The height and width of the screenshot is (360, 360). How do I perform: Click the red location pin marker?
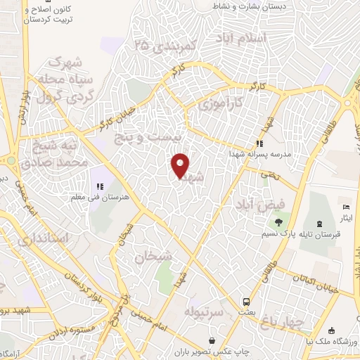click(x=181, y=165)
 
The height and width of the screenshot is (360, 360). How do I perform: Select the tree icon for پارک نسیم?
click(x=279, y=223)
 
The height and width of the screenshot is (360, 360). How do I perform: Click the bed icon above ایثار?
click(x=345, y=207)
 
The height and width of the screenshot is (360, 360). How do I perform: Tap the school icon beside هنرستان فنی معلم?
click(x=100, y=186)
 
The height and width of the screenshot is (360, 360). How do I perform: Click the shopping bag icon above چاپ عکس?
click(x=223, y=333)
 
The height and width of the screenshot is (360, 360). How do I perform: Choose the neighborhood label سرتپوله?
click(x=204, y=310)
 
